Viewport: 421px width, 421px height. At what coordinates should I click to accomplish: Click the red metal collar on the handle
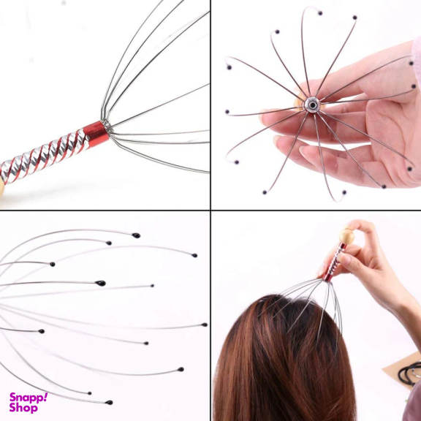(x=96, y=134)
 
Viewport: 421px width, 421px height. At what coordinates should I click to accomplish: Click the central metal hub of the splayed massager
(x=312, y=105)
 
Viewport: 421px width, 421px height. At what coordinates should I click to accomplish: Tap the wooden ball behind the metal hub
(x=299, y=103)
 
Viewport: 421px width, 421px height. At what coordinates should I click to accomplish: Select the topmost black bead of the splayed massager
(x=320, y=13)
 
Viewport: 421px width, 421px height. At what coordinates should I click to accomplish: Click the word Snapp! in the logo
(x=29, y=398)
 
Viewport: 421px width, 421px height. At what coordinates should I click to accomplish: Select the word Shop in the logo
(x=23, y=408)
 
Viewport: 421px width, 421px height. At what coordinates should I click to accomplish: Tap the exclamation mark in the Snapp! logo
(x=45, y=396)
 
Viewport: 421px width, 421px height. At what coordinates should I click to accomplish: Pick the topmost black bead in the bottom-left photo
(x=137, y=235)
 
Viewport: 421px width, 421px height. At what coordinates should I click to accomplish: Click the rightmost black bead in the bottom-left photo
(x=205, y=325)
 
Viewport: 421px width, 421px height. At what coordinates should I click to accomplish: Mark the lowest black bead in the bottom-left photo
(x=109, y=402)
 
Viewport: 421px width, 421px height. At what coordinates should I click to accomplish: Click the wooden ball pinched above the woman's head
(x=346, y=237)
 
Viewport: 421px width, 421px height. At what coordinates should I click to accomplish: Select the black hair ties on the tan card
(x=410, y=373)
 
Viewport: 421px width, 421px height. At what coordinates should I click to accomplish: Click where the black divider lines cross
(x=210, y=210)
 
